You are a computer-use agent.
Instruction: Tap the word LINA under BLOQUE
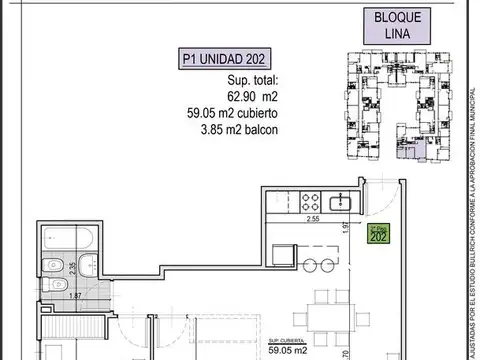[379, 36]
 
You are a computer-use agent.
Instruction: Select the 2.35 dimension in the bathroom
[71, 268]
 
